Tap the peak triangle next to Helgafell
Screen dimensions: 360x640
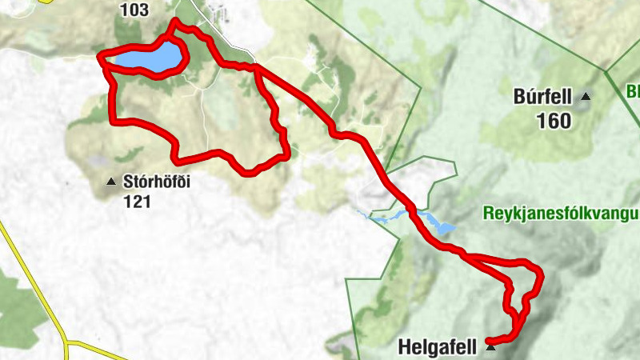coord(490,348)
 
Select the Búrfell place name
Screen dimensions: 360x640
coord(542,98)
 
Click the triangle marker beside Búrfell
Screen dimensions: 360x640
coord(586,97)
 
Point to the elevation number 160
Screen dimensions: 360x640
coord(554,122)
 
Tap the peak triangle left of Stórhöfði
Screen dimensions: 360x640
coord(110,182)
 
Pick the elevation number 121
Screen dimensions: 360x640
coord(138,202)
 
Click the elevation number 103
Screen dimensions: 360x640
coord(134,10)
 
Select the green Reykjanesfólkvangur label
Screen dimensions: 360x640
coord(560,214)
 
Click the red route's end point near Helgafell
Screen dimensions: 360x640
coord(490,342)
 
